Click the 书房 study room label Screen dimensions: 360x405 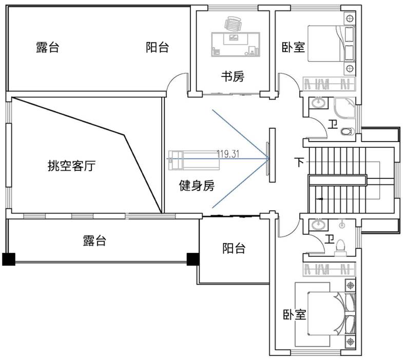[233, 77]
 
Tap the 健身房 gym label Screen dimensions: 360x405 [197, 186]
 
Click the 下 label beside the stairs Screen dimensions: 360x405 [299, 163]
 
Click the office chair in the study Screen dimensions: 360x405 [233, 24]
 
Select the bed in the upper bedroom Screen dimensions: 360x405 [329, 43]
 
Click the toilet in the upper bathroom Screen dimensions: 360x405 [347, 131]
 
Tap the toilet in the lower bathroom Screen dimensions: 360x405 [340, 250]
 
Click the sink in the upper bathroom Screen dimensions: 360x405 [319, 104]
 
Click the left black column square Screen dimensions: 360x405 [9, 259]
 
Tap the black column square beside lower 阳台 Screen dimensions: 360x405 [193, 259]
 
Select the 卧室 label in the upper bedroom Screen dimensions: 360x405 [294, 48]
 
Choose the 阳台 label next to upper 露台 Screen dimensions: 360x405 [157, 48]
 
